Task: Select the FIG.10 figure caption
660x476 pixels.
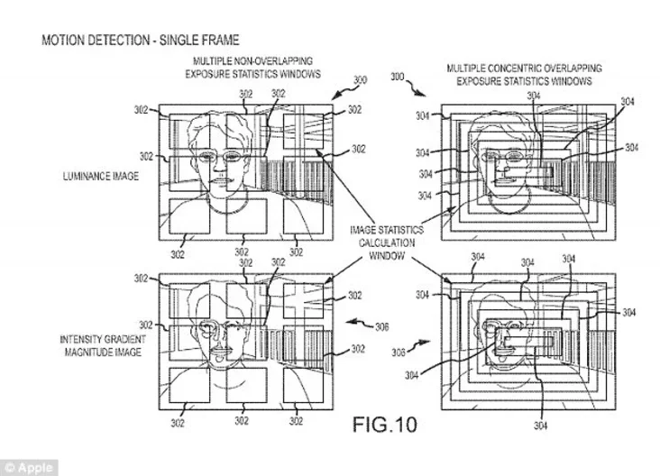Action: click(x=385, y=425)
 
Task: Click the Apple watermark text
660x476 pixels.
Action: click(x=35, y=468)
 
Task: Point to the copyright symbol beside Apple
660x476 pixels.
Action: click(x=9, y=468)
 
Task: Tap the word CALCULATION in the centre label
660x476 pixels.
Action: click(x=387, y=243)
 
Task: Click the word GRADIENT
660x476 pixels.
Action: click(x=125, y=339)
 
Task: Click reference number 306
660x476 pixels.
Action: click(x=381, y=327)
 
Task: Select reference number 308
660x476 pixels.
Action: click(x=399, y=352)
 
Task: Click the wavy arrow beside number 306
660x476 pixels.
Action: click(x=359, y=324)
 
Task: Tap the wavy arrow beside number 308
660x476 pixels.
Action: click(x=419, y=344)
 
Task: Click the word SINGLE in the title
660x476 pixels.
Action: click(x=178, y=41)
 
